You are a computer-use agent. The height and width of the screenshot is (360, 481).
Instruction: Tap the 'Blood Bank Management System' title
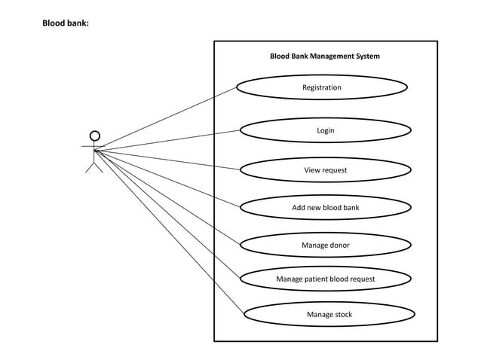coord(325,56)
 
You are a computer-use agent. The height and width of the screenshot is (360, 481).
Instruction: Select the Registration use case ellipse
coord(322,87)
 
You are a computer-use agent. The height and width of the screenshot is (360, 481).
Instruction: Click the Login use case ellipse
coord(325,130)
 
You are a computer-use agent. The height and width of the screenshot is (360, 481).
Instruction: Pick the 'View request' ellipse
coord(325,170)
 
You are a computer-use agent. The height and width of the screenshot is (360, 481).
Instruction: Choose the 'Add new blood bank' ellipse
coord(325,207)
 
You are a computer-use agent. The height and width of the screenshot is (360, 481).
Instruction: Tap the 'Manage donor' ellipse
coord(325,245)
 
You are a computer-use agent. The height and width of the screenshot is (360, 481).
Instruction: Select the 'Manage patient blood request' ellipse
coord(325,279)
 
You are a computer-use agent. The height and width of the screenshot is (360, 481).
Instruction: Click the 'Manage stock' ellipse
coord(329,314)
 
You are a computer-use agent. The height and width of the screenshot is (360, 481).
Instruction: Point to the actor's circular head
coord(94,136)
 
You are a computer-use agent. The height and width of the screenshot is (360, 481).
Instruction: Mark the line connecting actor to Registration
coord(166,117)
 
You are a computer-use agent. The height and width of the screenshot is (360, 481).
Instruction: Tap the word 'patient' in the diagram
coord(319,279)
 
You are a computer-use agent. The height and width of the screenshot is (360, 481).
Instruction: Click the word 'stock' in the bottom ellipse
coord(342,314)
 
